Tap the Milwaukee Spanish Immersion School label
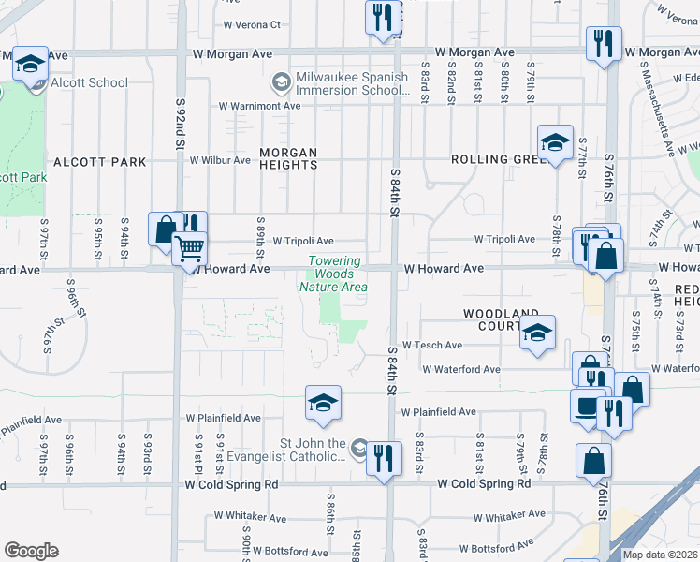(x=351, y=83)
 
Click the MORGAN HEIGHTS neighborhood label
(x=288, y=158)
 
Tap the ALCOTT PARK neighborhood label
(x=100, y=162)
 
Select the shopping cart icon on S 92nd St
(x=190, y=249)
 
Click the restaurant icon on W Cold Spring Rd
(x=383, y=458)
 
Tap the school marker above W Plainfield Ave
(x=323, y=404)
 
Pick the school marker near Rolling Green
(x=555, y=143)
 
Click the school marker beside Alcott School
(x=31, y=65)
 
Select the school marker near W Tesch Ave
(x=537, y=333)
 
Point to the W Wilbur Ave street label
(x=220, y=160)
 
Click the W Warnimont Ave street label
(x=259, y=106)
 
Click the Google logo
(x=31, y=551)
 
